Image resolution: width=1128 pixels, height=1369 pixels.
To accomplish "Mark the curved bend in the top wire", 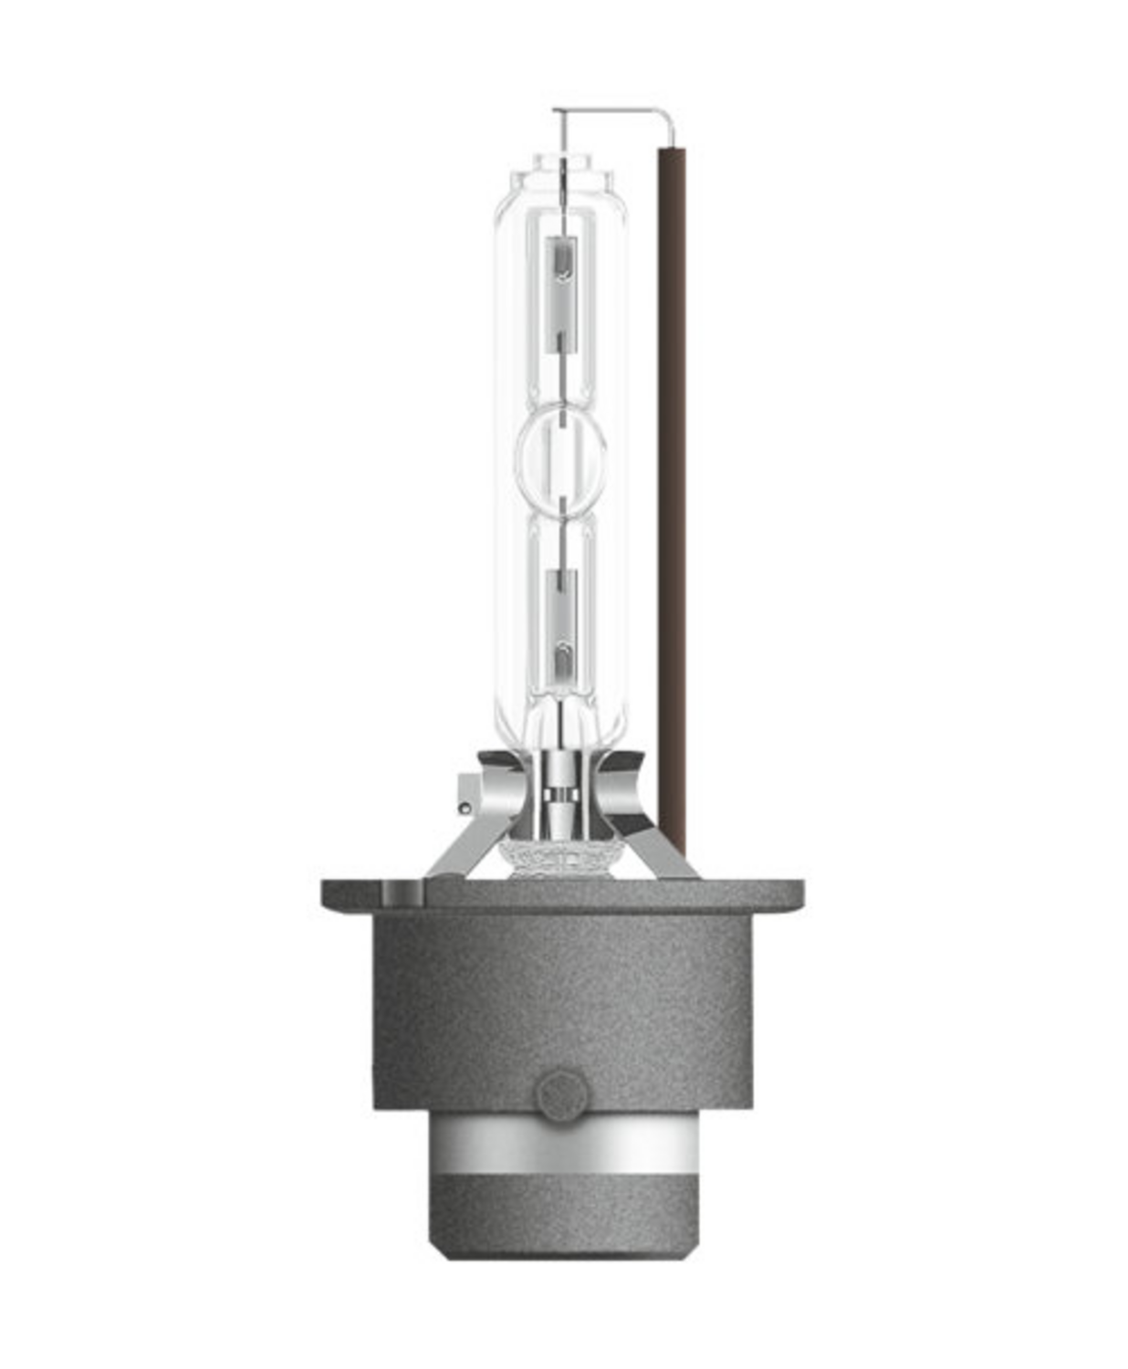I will click(669, 117).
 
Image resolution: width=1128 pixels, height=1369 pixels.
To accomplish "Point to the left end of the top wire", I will click(556, 112).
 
